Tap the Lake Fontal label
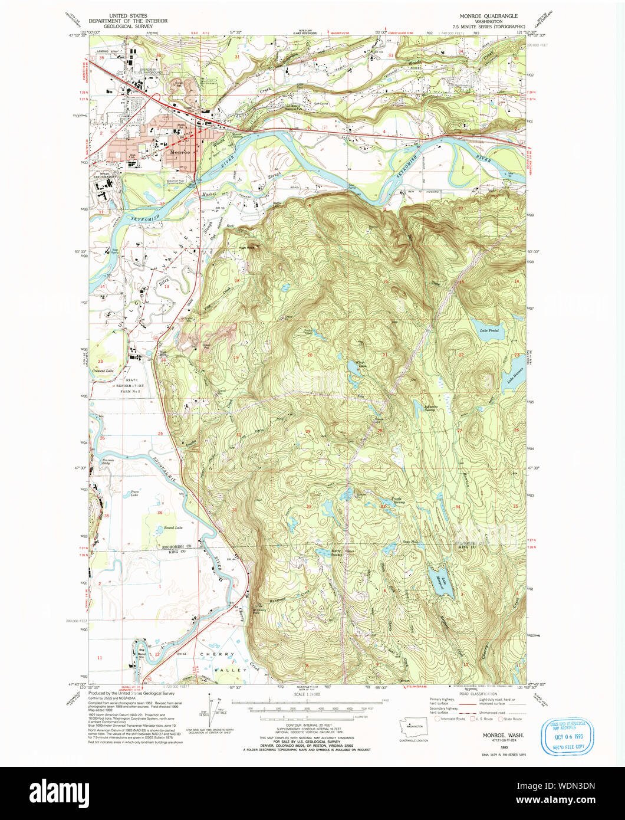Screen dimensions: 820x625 (x=489, y=330)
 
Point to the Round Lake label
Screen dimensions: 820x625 (x=156, y=527)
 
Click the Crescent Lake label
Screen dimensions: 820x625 (x=103, y=370)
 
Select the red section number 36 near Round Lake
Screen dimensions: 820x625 (x=160, y=513)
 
